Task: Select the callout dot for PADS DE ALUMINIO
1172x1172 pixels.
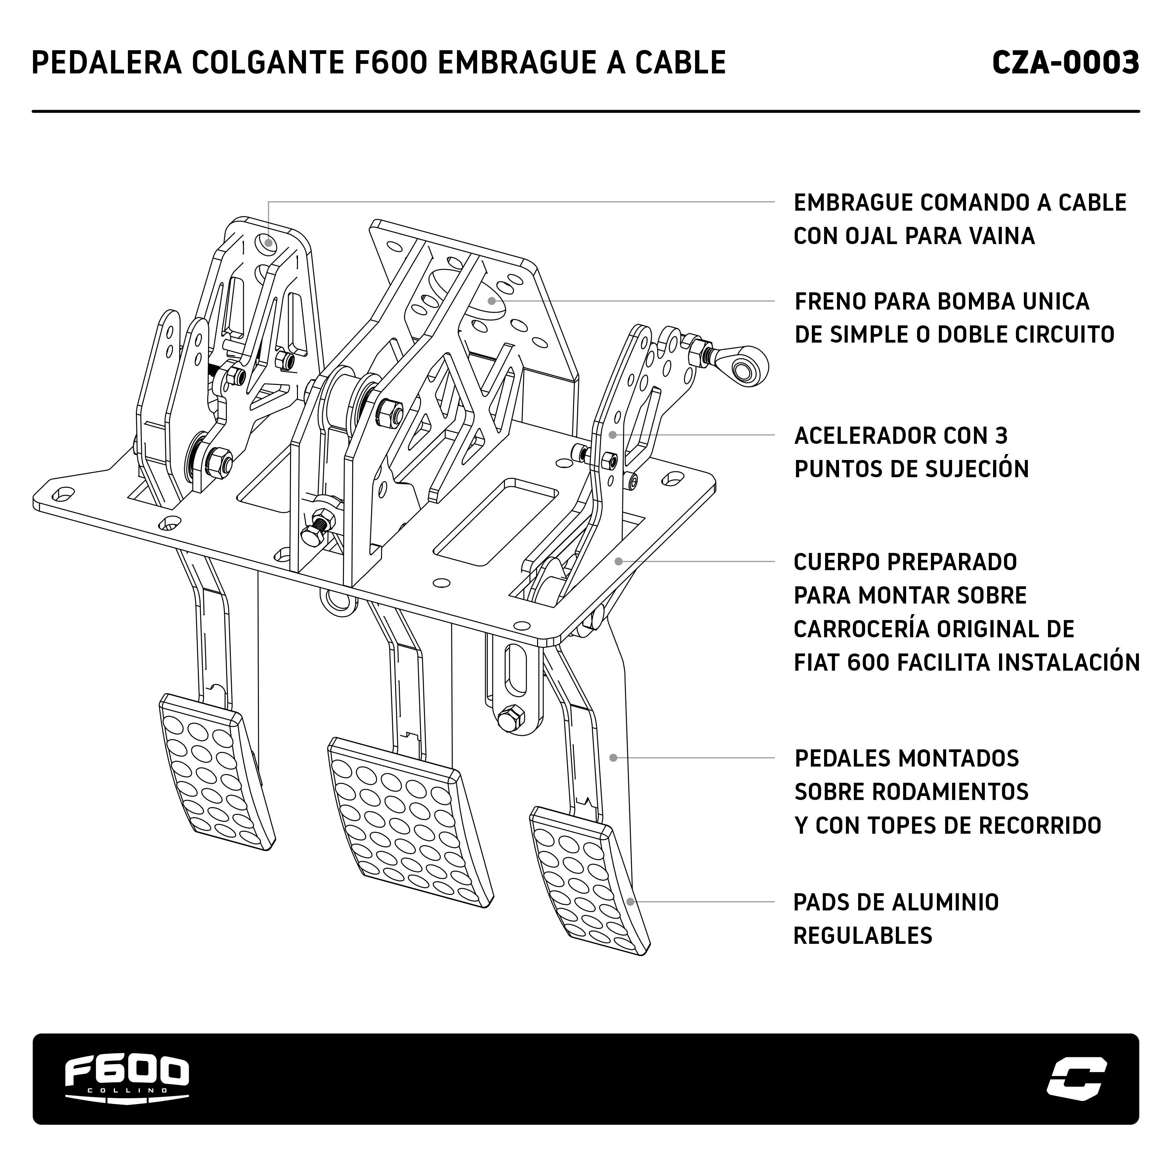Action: [630, 901]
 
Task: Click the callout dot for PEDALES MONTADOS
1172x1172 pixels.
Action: [613, 758]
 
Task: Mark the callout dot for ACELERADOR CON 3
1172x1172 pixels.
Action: [613, 435]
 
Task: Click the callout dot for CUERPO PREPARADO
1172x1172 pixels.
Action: [618, 561]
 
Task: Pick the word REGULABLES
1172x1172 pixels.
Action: [862, 936]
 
